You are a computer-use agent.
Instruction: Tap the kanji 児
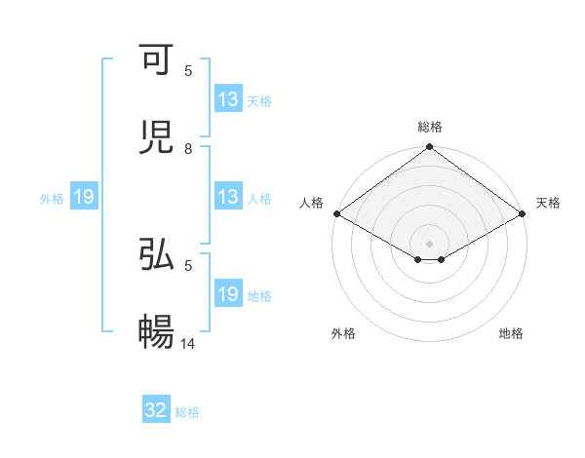click(x=157, y=137)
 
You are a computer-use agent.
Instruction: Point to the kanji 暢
click(x=157, y=332)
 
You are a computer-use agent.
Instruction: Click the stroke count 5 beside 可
click(x=188, y=71)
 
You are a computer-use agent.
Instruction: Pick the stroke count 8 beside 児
click(x=188, y=149)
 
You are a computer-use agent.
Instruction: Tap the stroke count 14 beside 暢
click(x=189, y=344)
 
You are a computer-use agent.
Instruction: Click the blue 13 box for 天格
click(x=228, y=99)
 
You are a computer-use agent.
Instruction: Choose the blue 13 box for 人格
click(x=228, y=197)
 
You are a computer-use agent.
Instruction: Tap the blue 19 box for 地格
click(x=228, y=294)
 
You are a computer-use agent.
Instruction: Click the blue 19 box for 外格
click(x=84, y=198)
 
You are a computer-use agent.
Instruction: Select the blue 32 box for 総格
click(x=156, y=410)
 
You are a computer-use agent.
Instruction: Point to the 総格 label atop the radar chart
click(x=430, y=127)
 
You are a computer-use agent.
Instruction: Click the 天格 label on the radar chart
click(x=548, y=203)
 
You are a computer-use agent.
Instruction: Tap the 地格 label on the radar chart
click(x=511, y=333)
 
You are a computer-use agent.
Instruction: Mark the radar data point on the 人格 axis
click(x=336, y=213)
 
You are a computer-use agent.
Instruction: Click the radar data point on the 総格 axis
click(x=430, y=148)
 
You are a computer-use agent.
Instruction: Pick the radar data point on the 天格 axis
click(x=523, y=213)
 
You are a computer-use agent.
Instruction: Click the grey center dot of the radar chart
click(x=430, y=243)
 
